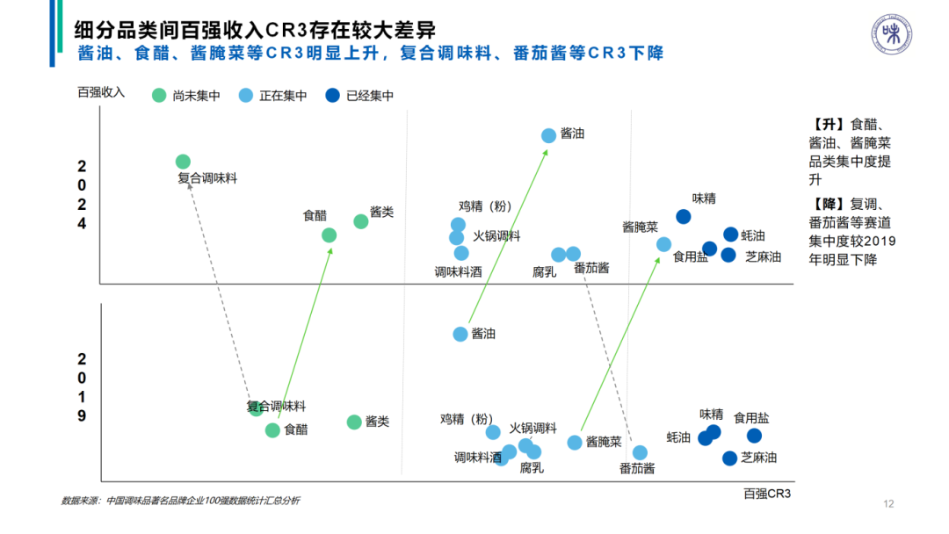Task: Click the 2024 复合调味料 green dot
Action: (x=183, y=162)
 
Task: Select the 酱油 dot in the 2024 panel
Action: (x=548, y=135)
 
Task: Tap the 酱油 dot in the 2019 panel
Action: (x=460, y=334)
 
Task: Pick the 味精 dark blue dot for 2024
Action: (x=683, y=216)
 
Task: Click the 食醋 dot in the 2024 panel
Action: (x=329, y=235)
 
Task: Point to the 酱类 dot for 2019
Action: (x=354, y=422)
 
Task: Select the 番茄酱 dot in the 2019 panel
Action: (x=640, y=452)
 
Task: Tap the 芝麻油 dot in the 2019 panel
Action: (x=729, y=458)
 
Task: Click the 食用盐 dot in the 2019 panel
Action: (x=754, y=436)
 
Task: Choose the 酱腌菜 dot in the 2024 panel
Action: (x=663, y=244)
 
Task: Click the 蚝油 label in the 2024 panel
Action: (x=753, y=235)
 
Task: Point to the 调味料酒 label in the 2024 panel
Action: (x=459, y=272)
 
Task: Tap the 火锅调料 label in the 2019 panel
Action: (x=533, y=429)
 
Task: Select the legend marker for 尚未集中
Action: (x=159, y=96)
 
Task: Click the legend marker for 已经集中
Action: (x=332, y=96)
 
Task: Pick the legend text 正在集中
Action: (x=283, y=96)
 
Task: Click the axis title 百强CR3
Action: (x=767, y=495)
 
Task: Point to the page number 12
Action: (x=888, y=504)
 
